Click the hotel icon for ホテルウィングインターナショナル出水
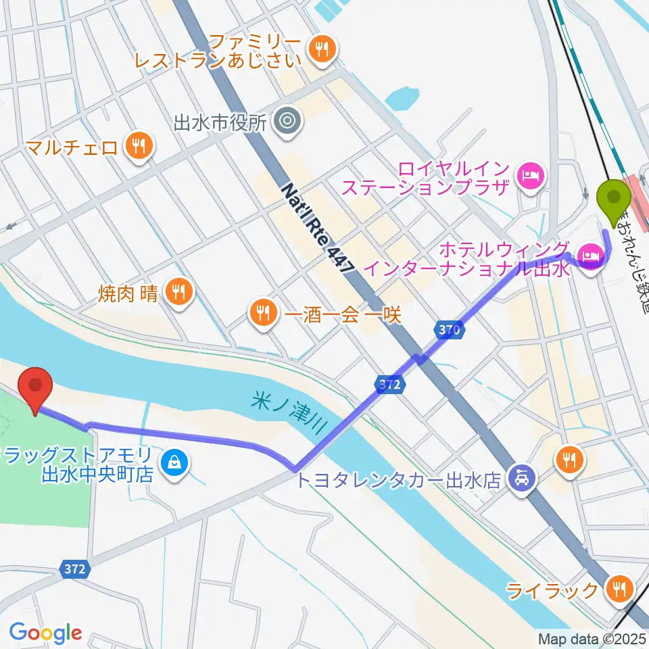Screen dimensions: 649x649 click(590, 256)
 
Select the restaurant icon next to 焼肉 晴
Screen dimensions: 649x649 click(178, 291)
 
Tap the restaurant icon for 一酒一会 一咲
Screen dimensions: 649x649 click(261, 312)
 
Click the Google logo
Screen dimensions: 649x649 click(45, 633)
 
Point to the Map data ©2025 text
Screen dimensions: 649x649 click(592, 638)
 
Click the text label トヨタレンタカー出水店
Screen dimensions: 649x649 click(398, 481)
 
